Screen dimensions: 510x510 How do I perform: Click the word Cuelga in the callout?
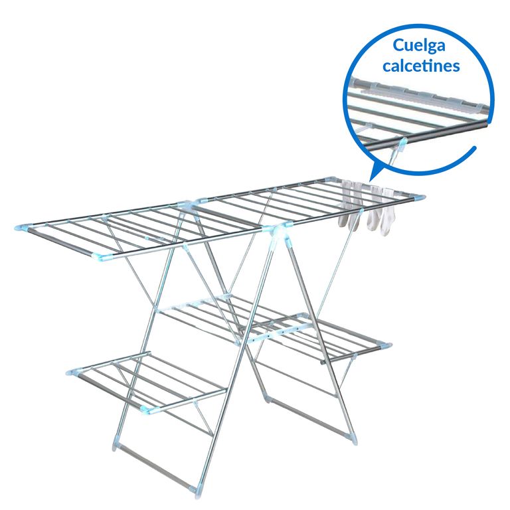click(418, 46)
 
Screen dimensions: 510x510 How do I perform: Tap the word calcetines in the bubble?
click(421, 65)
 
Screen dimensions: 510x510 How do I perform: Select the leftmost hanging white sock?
click(345, 205)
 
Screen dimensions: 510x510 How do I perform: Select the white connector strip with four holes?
click(280, 333)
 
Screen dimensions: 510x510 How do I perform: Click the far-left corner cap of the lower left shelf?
click(73, 373)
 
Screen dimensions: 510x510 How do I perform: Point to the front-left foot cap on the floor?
click(116, 442)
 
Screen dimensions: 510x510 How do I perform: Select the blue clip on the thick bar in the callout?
click(402, 142)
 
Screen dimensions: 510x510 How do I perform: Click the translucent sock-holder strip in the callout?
click(420, 94)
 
